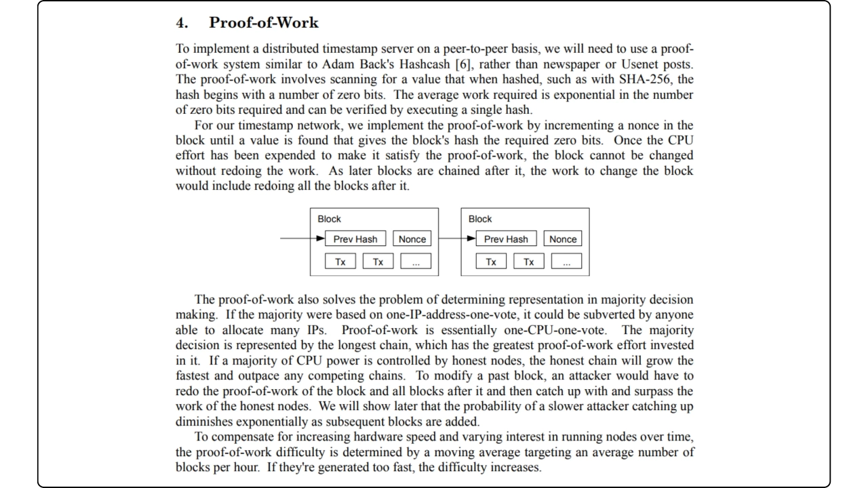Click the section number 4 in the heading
pos(181,23)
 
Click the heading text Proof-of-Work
pos(263,22)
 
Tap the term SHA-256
pos(647,79)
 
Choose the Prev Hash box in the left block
pos(355,239)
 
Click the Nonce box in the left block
pos(412,239)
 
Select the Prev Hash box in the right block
pos(506,239)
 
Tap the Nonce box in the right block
pos(563,239)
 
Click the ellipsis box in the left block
pos(416,262)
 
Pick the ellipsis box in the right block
pos(566,262)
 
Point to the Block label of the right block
pos(480,219)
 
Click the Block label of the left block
pos(330,219)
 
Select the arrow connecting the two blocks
pos(454,239)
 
